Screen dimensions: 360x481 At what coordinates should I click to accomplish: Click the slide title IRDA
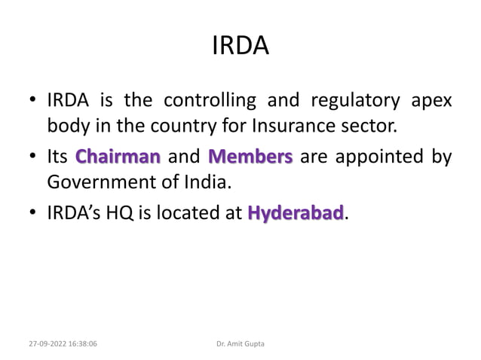[x=240, y=47]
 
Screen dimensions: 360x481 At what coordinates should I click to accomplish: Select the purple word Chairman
[x=118, y=157]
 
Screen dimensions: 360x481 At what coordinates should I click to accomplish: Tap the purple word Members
[x=250, y=157]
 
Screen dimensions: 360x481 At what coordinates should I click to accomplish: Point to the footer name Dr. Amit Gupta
[x=240, y=343]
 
